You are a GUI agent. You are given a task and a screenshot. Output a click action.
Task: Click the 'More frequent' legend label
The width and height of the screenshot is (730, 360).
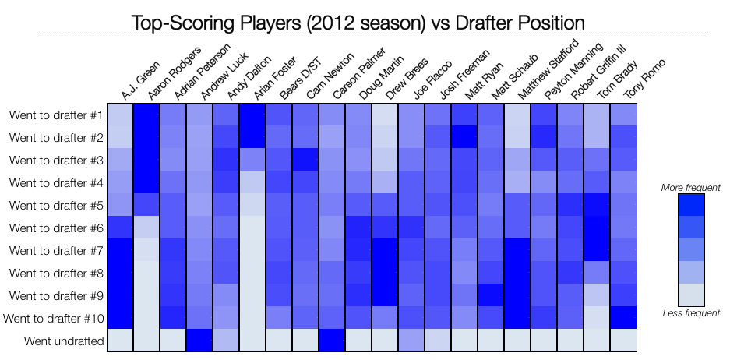(690, 188)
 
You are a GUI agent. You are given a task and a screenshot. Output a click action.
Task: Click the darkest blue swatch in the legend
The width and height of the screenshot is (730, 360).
(691, 204)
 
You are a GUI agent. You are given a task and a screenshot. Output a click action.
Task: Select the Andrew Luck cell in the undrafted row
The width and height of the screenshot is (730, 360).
(199, 341)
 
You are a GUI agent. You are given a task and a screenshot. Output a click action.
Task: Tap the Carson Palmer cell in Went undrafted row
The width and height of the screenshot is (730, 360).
(332, 341)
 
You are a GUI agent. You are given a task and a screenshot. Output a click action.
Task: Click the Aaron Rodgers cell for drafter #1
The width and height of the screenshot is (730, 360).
(146, 115)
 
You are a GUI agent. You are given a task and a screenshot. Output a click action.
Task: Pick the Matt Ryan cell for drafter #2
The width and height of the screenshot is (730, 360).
(465, 137)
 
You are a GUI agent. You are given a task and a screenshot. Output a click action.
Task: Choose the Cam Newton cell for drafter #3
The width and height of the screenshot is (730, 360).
(305, 160)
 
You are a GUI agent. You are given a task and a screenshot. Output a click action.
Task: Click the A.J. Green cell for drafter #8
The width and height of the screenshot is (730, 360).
(120, 273)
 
